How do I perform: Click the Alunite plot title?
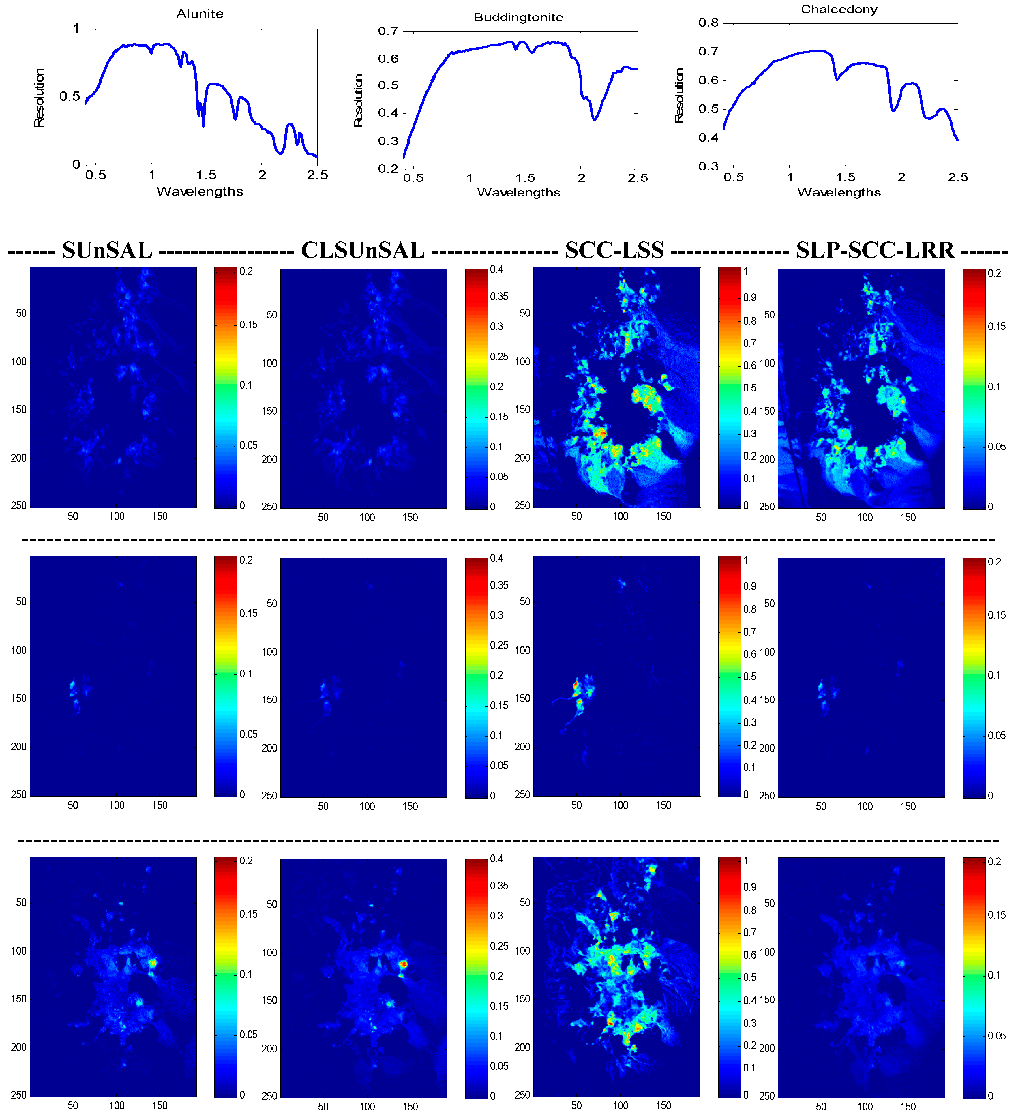pyautogui.click(x=200, y=14)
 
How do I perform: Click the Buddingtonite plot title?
pyautogui.click(x=518, y=18)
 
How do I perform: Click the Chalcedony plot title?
pyautogui.click(x=839, y=10)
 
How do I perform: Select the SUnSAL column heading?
pyautogui.click(x=107, y=250)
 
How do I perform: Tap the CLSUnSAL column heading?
pyautogui.click(x=362, y=250)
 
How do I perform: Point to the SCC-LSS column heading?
pyautogui.click(x=614, y=250)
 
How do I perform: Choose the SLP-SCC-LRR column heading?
pyautogui.click(x=875, y=250)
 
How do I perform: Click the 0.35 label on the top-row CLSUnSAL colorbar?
pyautogui.click(x=499, y=297)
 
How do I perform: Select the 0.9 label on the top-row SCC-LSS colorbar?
pyautogui.click(x=749, y=297)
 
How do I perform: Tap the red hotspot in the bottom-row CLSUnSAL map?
pyautogui.click(x=404, y=964)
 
